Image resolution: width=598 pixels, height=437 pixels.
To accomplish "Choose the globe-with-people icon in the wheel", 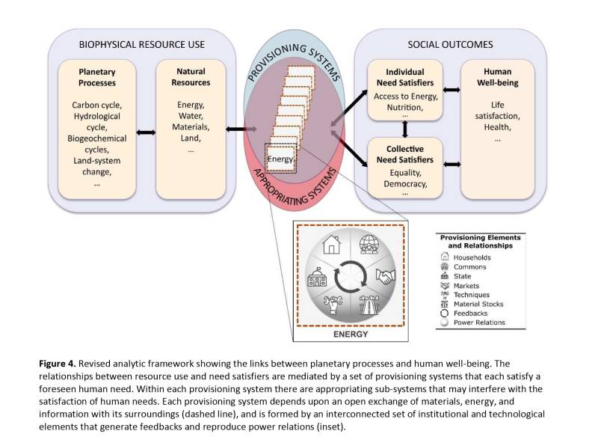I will pyautogui.click(x=368, y=245).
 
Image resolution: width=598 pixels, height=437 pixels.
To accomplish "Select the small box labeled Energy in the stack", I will pyautogui.click(x=281, y=158).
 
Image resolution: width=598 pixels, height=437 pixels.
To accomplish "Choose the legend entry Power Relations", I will pyautogui.click(x=479, y=323).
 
